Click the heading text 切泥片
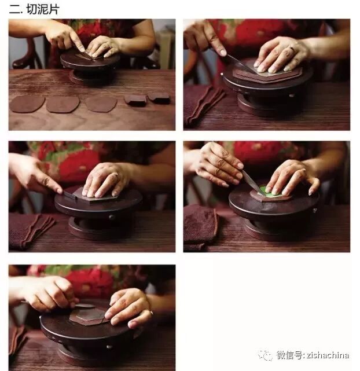[43, 9]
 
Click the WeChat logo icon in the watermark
[266, 355]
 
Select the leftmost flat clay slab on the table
[27, 104]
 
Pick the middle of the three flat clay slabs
[63, 104]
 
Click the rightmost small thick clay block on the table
[159, 98]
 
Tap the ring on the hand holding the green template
[303, 170]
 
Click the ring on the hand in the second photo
[293, 49]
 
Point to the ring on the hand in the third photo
[116, 174]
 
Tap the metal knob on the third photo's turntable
[111, 217]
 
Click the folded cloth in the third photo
[30, 232]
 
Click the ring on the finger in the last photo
[151, 313]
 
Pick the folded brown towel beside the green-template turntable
[200, 226]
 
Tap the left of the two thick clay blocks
[136, 100]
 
